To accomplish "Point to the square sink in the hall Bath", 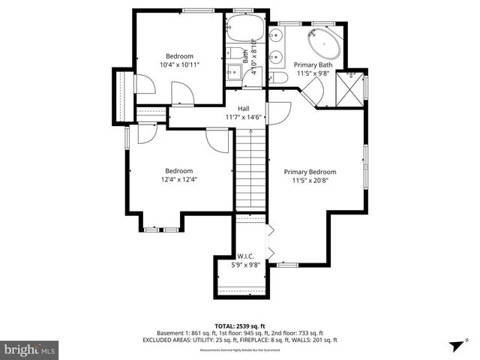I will point(232,73).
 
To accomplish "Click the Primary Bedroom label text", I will point(310,172).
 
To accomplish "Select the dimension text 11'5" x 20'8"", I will point(310,180).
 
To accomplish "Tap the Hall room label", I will point(244,109).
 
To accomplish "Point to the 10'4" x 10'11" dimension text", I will point(179,64).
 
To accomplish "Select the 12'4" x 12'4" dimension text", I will point(179,178).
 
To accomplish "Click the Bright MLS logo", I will point(30,349).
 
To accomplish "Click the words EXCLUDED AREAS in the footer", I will point(166,340).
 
